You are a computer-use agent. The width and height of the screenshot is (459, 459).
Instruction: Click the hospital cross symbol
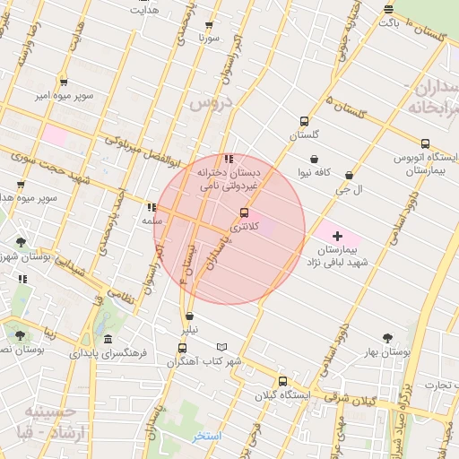(x=338, y=235)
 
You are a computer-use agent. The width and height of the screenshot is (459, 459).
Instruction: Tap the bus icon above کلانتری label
(x=244, y=212)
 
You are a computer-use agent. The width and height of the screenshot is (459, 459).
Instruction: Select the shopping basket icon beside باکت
(x=388, y=10)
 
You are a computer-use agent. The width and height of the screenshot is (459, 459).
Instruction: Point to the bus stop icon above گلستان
(x=304, y=122)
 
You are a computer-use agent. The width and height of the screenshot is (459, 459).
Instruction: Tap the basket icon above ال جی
(x=348, y=176)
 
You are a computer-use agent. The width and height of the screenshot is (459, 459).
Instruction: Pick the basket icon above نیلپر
(x=189, y=316)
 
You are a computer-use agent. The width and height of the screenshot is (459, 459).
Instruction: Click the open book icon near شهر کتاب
(x=222, y=348)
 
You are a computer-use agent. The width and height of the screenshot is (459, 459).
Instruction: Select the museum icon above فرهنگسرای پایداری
(x=108, y=340)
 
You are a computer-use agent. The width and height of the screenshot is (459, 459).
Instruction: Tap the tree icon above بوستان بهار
(x=387, y=338)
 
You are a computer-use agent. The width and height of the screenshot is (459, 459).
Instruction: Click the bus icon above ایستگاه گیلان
(x=282, y=381)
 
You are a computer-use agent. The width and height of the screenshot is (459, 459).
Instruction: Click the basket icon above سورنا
(x=210, y=25)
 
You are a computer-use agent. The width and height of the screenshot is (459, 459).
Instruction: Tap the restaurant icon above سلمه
(x=152, y=207)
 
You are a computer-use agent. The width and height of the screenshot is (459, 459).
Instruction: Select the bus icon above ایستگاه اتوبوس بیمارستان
(x=425, y=143)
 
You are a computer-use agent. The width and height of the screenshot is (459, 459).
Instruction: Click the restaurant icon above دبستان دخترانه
(x=229, y=159)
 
